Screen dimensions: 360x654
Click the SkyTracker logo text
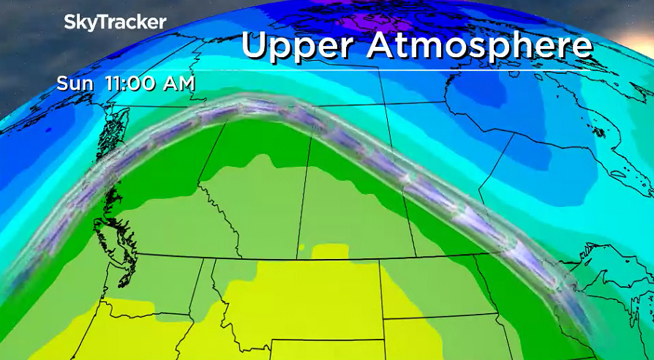point(116,22)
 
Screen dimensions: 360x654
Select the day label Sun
point(75,83)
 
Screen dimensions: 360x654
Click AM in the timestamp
point(178,83)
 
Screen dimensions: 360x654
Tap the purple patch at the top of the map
point(344,16)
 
